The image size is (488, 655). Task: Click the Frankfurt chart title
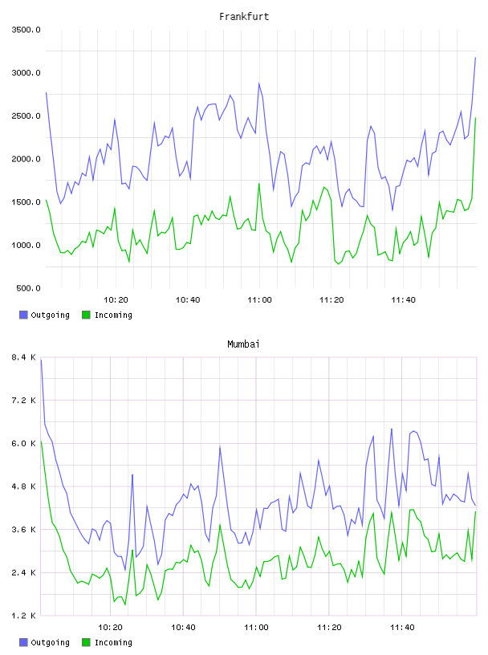[244, 17]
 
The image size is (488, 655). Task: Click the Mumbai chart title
[243, 344]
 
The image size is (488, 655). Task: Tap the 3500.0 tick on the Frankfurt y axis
[26, 30]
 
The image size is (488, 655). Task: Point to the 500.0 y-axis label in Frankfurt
[28, 288]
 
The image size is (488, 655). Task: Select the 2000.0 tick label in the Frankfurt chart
[26, 159]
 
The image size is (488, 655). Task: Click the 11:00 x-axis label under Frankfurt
[259, 300]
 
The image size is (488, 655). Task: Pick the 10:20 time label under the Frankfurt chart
[116, 300]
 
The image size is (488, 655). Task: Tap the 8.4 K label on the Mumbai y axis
[24, 357]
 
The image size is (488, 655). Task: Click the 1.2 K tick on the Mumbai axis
[24, 616]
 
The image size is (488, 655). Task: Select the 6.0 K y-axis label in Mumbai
[24, 444]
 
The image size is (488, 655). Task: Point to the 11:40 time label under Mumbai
[402, 628]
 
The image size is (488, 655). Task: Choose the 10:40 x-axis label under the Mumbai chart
[184, 628]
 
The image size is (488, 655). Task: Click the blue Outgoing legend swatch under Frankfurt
[23, 315]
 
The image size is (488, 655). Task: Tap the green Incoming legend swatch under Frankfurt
[86, 315]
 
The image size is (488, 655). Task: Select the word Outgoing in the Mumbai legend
[50, 642]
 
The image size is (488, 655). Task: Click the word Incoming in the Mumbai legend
[113, 642]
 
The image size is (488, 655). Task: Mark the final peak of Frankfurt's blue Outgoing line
[475, 58]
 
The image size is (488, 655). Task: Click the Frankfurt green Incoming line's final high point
[475, 118]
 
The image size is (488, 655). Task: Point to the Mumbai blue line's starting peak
[41, 360]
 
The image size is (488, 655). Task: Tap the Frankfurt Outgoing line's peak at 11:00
[259, 83]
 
